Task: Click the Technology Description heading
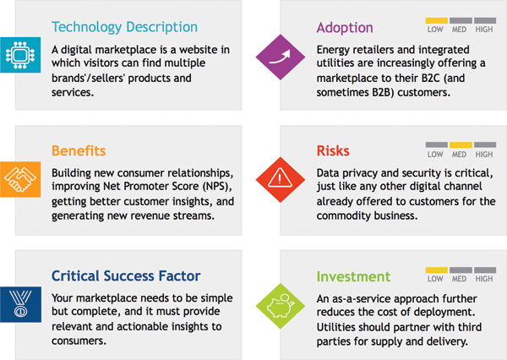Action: click(x=124, y=27)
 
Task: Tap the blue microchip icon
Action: click(x=20, y=55)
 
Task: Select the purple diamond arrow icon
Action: click(x=281, y=57)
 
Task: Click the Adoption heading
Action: click(x=345, y=28)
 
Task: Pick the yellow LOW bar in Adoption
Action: click(x=437, y=20)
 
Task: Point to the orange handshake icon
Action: click(x=20, y=179)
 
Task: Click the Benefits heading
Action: click(x=79, y=151)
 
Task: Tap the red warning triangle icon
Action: click(x=281, y=180)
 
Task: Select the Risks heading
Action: click(x=333, y=151)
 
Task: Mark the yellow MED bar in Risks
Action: click(x=461, y=145)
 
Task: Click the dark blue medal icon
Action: click(x=20, y=304)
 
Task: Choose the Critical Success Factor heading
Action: click(x=126, y=276)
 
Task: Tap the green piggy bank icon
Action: click(x=281, y=306)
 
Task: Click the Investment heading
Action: click(x=353, y=277)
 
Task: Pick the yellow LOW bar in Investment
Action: click(x=437, y=270)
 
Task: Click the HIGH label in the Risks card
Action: click(x=484, y=155)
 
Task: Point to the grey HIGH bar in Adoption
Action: click(x=485, y=20)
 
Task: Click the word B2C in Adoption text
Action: click(x=433, y=79)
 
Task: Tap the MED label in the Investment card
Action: click(x=459, y=279)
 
